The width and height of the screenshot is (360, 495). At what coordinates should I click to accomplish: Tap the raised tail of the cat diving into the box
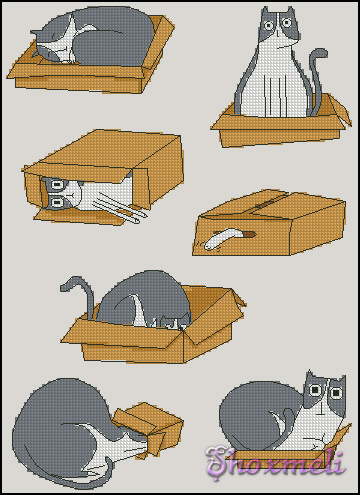click(83, 287)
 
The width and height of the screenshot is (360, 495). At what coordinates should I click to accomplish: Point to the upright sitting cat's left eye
click(268, 25)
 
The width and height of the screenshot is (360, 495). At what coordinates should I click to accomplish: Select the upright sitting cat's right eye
click(286, 23)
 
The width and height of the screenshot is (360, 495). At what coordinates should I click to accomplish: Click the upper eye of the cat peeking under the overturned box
click(58, 184)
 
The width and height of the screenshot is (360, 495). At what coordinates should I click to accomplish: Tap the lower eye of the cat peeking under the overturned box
click(55, 201)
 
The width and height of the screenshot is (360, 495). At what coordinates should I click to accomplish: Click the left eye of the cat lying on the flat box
click(314, 389)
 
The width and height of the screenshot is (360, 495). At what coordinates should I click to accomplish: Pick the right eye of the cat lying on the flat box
click(336, 392)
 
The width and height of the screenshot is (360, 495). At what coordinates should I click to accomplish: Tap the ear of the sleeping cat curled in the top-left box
click(35, 33)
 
